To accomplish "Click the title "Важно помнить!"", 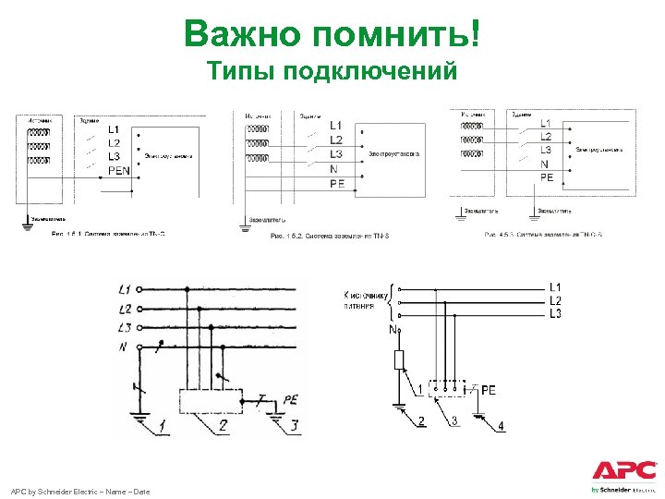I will [x=332, y=34].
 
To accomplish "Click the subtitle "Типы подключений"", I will [x=332, y=71].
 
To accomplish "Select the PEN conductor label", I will [x=119, y=170].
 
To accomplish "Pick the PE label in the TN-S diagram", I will [x=338, y=184].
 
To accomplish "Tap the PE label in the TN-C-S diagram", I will [x=547, y=177].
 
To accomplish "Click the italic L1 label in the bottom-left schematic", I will [x=125, y=290].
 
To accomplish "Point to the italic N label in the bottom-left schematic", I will [x=123, y=347].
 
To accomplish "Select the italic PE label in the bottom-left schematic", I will [x=291, y=400].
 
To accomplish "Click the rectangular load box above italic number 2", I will [x=210, y=401].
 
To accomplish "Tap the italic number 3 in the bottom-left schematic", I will [x=294, y=426].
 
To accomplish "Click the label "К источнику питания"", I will [x=367, y=300].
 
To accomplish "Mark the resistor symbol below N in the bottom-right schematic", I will [x=400, y=359].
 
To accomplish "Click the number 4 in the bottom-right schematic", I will [x=501, y=426].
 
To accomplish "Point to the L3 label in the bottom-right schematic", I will [x=555, y=315].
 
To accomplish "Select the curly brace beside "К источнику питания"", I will [x=395, y=298].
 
